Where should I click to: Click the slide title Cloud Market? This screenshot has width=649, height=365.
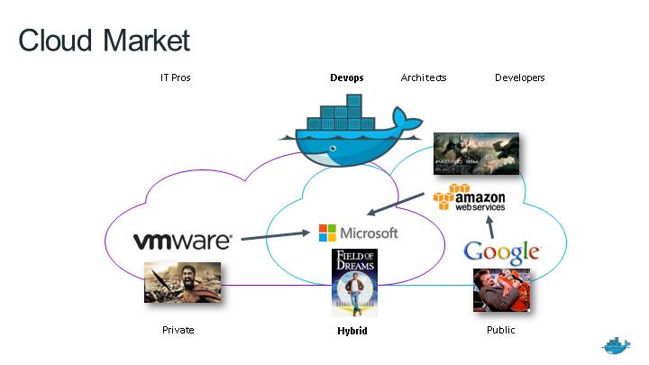[x=105, y=41]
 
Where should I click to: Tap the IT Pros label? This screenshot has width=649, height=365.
[x=175, y=78]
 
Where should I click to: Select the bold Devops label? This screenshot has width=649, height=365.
[x=347, y=78]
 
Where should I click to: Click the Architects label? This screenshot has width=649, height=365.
[x=424, y=78]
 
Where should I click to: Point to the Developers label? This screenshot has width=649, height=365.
[x=520, y=78]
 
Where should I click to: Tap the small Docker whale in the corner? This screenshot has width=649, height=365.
[x=617, y=346]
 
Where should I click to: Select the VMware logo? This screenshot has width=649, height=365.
[x=183, y=241]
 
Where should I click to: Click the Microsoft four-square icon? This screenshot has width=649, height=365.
[x=327, y=233]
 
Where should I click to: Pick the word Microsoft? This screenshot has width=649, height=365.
[x=369, y=233]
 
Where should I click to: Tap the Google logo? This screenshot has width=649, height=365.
[x=501, y=251]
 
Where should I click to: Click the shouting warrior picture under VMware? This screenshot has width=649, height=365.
[x=182, y=282]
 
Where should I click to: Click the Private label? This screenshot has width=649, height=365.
[x=178, y=330]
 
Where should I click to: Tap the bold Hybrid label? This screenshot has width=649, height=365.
[x=351, y=331]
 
